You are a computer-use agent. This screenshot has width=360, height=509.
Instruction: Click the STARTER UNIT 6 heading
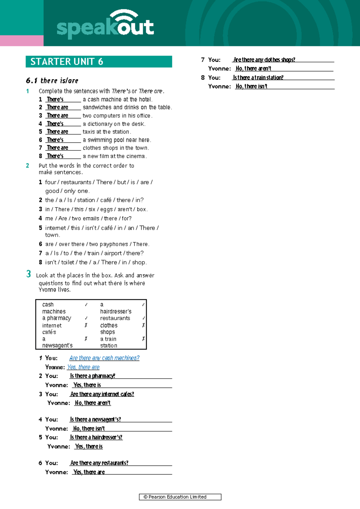click(67, 62)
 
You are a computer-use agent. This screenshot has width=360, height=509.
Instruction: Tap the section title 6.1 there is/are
click(52, 81)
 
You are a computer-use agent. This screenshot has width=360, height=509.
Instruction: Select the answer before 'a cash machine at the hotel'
click(55, 100)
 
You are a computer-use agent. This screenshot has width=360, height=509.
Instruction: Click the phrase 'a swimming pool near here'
click(117, 140)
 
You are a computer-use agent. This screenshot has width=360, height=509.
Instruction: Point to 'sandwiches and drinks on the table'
click(127, 107)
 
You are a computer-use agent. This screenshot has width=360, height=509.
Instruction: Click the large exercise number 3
click(28, 274)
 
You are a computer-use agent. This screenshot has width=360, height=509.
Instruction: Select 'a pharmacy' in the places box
click(57, 318)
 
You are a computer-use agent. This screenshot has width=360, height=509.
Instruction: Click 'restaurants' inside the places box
click(115, 318)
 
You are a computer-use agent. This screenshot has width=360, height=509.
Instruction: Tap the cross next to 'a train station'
click(143, 339)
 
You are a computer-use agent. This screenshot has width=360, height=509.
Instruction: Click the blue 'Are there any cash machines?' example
click(104, 358)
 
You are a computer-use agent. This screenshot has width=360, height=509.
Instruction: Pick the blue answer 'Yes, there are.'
click(83, 367)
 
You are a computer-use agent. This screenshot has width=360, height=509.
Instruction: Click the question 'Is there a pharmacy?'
click(92, 376)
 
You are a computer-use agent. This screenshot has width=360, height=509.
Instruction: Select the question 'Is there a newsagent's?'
click(95, 419)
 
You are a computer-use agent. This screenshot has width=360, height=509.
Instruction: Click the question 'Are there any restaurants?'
click(99, 463)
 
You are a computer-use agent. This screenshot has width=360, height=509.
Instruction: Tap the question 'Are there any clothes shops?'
click(264, 60)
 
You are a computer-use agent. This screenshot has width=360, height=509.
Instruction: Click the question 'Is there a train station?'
click(258, 78)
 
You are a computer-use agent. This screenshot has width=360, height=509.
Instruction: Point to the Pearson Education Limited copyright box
click(180, 497)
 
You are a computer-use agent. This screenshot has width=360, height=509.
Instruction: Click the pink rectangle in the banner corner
click(22, 40)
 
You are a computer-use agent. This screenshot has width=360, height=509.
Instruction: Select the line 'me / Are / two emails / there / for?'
click(88, 219)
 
